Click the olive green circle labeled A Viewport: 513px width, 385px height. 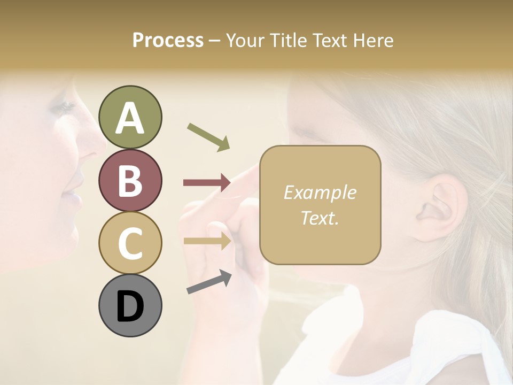click(130, 117)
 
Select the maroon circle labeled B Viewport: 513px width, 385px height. click(130, 180)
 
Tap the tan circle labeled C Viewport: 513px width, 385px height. click(130, 243)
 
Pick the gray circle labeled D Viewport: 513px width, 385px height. click(130, 305)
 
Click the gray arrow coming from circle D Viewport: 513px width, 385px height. click(209, 282)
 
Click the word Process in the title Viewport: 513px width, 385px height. click(168, 40)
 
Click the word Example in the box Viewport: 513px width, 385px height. click(320, 192)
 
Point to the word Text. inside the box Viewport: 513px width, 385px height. click(320, 218)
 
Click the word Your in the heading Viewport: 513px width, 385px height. click(245, 40)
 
